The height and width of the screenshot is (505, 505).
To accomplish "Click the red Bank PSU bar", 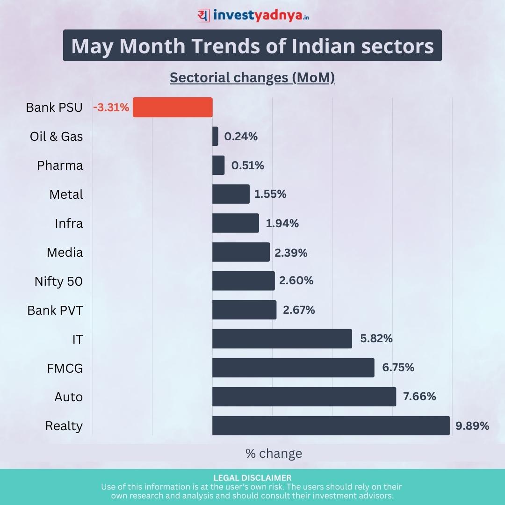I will click(x=173, y=107).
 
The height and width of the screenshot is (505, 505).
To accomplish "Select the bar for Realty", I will click(x=331, y=426).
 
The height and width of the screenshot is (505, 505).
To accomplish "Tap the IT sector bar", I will click(x=282, y=339).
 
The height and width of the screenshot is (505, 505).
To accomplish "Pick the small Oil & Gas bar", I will click(x=215, y=136).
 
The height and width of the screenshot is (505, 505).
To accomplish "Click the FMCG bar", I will click(x=293, y=368).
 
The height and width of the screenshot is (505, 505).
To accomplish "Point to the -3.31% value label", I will click(x=111, y=108).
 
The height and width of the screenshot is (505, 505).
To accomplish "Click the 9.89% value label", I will click(x=472, y=426).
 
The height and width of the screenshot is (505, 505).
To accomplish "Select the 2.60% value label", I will click(x=296, y=281).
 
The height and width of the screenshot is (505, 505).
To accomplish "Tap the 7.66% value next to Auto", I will click(x=419, y=397).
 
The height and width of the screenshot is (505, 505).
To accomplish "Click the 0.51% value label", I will click(x=247, y=166).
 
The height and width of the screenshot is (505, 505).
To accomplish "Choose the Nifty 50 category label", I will click(x=58, y=281).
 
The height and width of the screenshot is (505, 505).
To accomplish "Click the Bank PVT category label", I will click(x=55, y=310).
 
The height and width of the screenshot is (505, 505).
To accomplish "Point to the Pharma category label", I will click(x=60, y=166).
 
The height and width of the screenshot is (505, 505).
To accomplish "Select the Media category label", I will click(x=65, y=252).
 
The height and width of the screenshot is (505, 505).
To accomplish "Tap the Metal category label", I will click(x=66, y=195).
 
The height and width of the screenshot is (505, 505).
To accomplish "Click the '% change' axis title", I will click(x=274, y=454).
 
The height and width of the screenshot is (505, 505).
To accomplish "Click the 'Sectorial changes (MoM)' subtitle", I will click(x=252, y=78).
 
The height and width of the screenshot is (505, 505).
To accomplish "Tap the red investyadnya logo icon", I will click(x=203, y=15).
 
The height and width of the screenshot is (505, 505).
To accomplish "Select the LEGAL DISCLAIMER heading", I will click(x=252, y=478).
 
